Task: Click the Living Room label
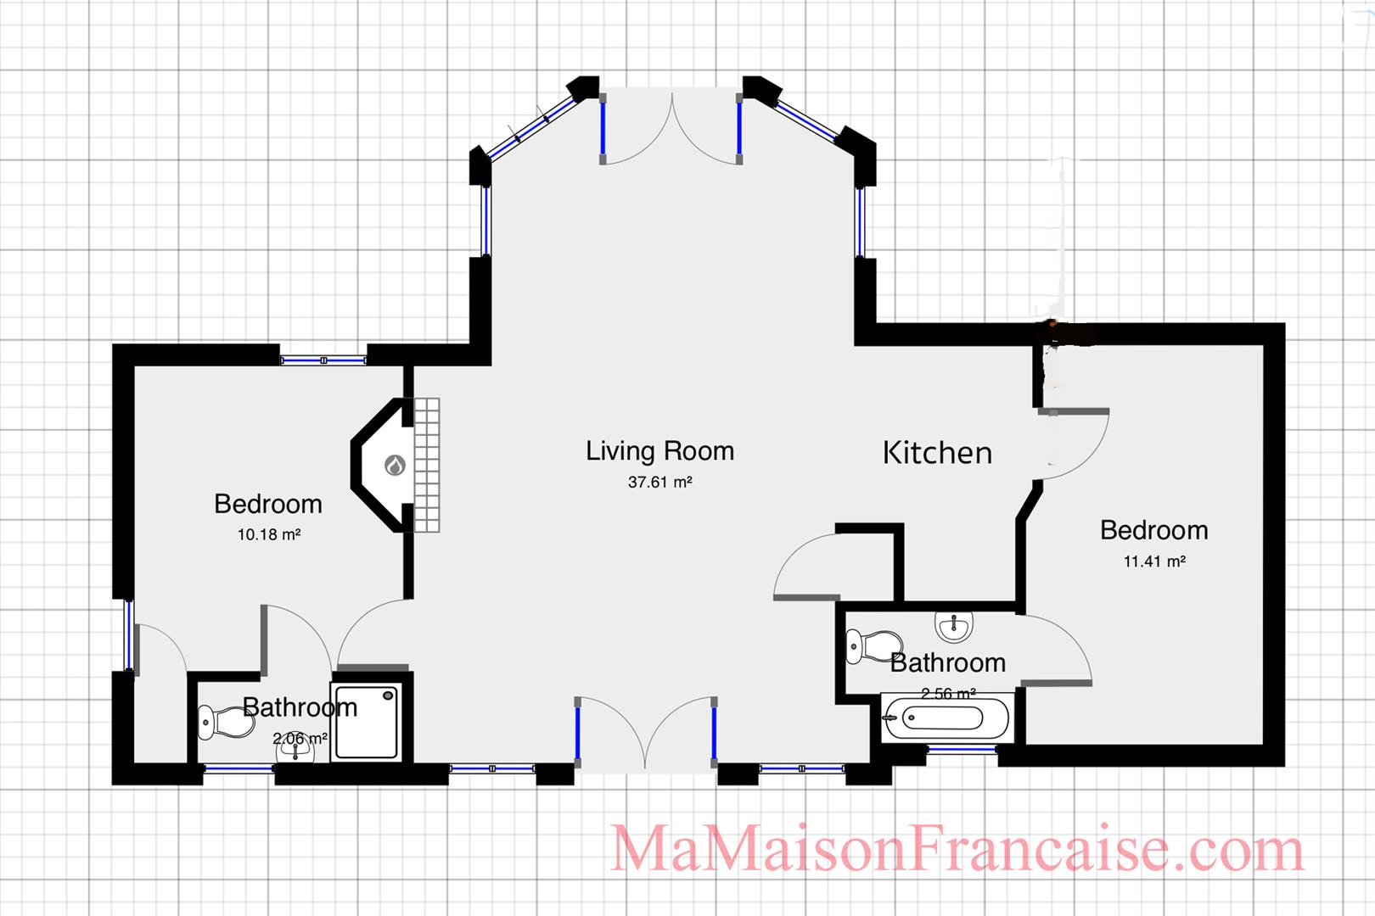coord(659,451)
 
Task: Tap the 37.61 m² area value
coord(659,483)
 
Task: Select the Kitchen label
coord(937,453)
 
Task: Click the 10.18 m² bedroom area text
coord(269,535)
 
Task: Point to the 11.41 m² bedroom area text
coord(1153,561)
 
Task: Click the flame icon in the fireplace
coord(395,465)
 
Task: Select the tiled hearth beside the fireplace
coord(427,465)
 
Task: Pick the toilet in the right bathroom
coord(874,647)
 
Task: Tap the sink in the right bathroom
coord(954,628)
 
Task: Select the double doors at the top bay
coord(671,127)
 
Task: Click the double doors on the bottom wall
coord(646,734)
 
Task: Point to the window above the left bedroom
coord(323,360)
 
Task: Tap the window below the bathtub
coord(962,750)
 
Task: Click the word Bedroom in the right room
coord(1153,530)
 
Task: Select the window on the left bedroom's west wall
coord(129,634)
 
